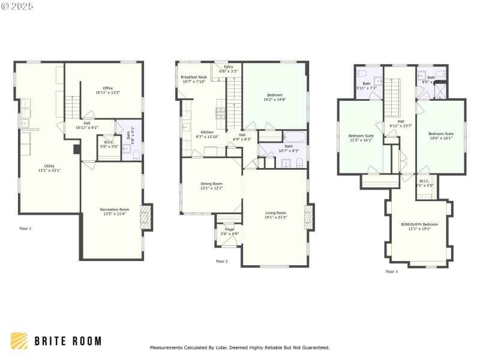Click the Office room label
pos(108,91)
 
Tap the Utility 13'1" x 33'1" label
pos(49,168)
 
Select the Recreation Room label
pos(114,212)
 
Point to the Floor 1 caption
pos(25,229)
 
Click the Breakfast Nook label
pos(194,79)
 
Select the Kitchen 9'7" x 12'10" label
pos(207,134)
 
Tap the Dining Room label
pos(211,186)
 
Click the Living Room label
pos(275,215)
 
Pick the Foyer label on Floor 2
pos(229,232)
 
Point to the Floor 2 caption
pos(222,261)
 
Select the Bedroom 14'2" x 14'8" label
pos(275,97)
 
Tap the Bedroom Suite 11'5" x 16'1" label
pos(361,138)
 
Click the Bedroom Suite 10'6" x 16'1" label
pos(440,136)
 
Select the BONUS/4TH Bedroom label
pos(419,226)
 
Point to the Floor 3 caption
pos(391,272)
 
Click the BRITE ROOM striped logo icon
pos(19,341)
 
